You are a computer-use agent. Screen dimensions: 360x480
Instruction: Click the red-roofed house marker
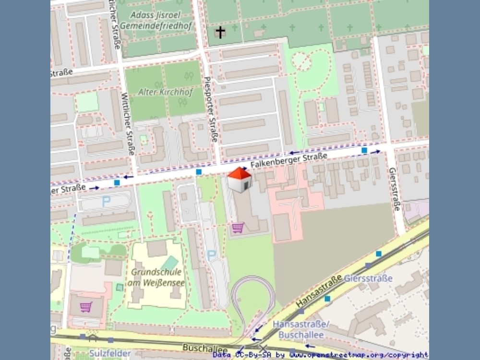[240, 180]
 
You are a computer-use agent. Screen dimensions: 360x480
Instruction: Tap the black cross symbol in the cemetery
[220, 32]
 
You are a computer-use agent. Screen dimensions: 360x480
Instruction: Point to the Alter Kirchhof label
[165, 91]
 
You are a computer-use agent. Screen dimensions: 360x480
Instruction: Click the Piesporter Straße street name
[211, 110]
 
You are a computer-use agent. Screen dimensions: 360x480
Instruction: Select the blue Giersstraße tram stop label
[368, 278]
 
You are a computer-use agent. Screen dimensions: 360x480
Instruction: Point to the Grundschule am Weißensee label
[156, 277]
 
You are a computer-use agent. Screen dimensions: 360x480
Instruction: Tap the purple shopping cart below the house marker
[238, 228]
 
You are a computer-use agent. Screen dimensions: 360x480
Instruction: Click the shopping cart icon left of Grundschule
[86, 306]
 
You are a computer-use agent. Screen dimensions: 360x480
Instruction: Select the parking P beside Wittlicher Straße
[106, 202]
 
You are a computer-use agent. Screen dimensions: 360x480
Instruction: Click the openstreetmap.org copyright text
[320, 355]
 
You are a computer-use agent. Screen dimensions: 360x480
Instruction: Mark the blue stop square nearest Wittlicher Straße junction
[117, 182]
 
